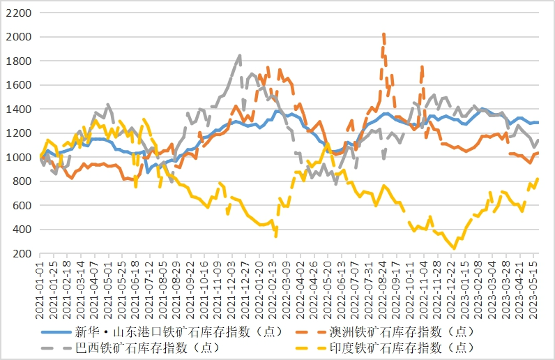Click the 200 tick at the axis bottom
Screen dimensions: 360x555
tap(19, 254)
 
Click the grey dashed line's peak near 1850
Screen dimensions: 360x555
tap(240, 55)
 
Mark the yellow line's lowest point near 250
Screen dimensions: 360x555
tap(454, 248)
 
